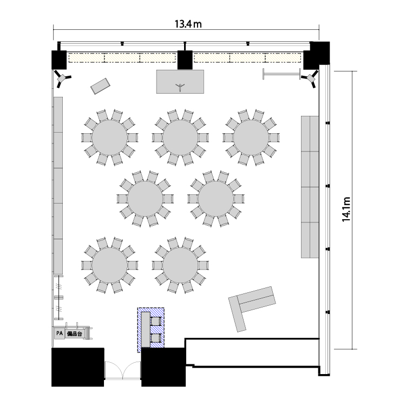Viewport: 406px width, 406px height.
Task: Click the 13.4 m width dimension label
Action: coord(188,24)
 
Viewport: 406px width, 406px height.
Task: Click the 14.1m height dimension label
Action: coord(346,209)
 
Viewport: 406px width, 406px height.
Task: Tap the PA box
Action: coord(60,333)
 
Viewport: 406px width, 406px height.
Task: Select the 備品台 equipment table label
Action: coord(75,334)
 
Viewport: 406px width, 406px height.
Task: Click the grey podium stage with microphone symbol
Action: coord(180,82)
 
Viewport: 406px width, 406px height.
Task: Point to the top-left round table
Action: coord(110,137)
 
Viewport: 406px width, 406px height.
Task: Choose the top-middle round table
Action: coord(180,137)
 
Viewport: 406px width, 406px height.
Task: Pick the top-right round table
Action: coord(251,137)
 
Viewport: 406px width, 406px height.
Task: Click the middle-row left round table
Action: coord(145,199)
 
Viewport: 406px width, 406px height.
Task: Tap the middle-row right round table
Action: coord(216,199)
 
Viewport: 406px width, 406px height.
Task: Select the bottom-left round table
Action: coord(110,265)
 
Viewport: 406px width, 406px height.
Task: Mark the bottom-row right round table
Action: coord(180,265)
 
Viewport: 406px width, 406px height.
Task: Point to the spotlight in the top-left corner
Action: coord(62,78)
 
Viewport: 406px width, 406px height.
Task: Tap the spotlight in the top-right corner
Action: coord(310,78)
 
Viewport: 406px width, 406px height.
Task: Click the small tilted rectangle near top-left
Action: coord(100,86)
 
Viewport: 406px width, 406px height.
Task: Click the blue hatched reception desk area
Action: coord(150,330)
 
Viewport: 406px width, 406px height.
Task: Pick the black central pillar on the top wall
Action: coord(185,60)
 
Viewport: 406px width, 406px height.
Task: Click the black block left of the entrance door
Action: coord(77,367)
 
